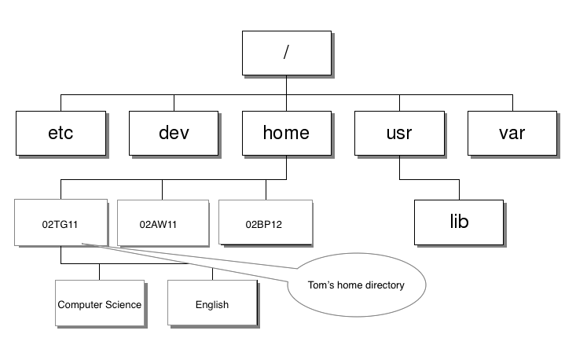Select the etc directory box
pos(61,132)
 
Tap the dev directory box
pos(174,132)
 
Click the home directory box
pos(286,132)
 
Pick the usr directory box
pos(399,132)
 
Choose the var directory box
pos(512,132)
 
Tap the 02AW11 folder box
pos(161,223)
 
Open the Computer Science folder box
pos(100,304)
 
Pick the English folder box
pos(212,304)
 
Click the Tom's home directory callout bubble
pos(356,285)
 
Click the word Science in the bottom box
pos(124,304)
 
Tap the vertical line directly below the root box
pos(286,86)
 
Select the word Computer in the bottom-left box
pos(82,304)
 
